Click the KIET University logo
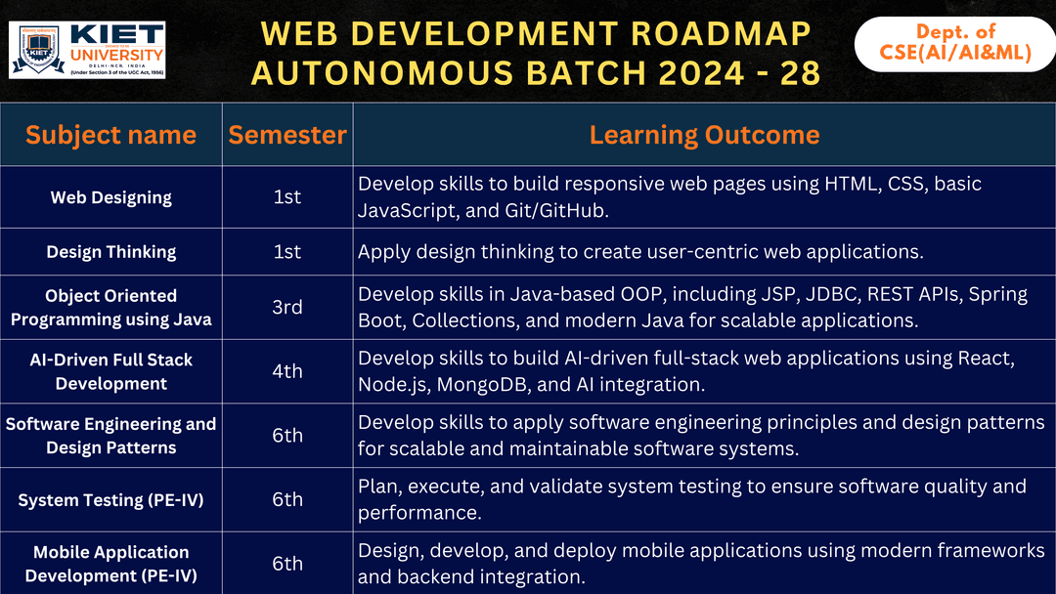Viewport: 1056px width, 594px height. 87,50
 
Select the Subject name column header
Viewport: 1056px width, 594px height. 110,135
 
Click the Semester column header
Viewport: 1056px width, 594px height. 287,135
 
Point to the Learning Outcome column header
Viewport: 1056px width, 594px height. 704,135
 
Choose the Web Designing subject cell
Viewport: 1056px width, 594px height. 110,197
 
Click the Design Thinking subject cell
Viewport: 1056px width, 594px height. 110,252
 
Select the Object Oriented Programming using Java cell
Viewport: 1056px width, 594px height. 110,307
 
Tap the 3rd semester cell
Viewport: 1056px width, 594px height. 287,307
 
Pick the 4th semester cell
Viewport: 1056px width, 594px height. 287,371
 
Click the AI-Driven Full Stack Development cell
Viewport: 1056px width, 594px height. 110,371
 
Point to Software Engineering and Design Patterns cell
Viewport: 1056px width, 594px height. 110,436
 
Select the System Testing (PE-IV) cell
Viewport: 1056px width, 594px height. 110,500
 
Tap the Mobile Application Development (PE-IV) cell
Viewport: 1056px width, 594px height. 110,564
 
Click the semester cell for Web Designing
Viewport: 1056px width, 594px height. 287,197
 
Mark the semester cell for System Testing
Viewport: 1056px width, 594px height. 287,500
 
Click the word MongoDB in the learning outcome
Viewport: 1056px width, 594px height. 484,384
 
